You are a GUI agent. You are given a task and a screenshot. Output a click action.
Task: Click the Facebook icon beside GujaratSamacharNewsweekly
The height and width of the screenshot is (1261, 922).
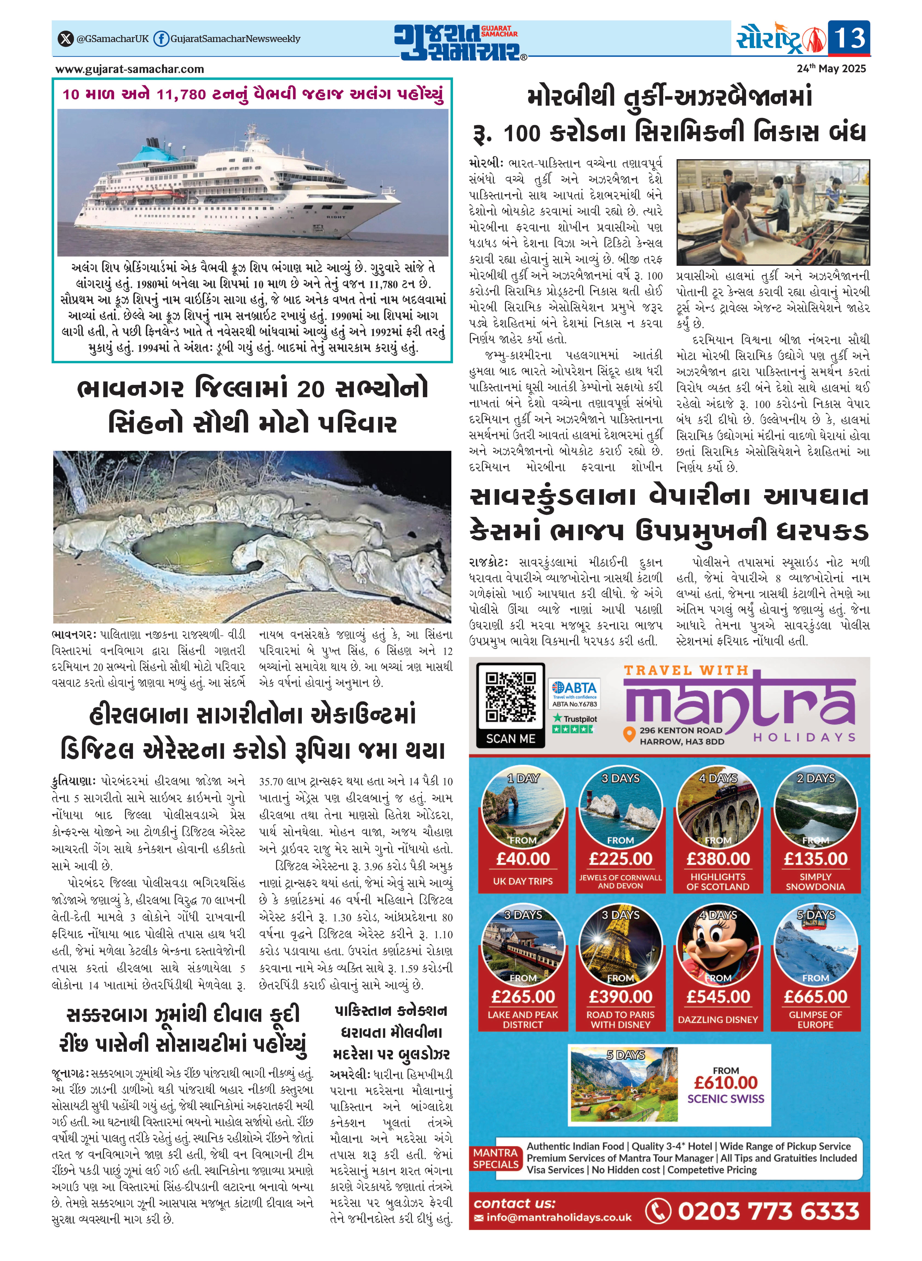[161, 39]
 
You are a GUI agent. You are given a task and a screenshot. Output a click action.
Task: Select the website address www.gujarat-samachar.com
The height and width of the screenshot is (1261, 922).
[130, 69]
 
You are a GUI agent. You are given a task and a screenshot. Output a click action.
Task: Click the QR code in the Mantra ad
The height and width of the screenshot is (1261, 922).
[510, 697]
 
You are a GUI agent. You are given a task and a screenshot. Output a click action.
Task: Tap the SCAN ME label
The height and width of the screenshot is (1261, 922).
[510, 738]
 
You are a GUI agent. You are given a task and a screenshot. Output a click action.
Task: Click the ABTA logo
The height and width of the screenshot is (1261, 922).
[574, 688]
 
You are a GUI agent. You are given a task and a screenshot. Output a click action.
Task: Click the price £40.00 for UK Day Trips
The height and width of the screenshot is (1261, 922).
[523, 859]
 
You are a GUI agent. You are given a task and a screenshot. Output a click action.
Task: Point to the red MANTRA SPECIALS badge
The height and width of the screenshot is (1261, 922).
[496, 1159]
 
